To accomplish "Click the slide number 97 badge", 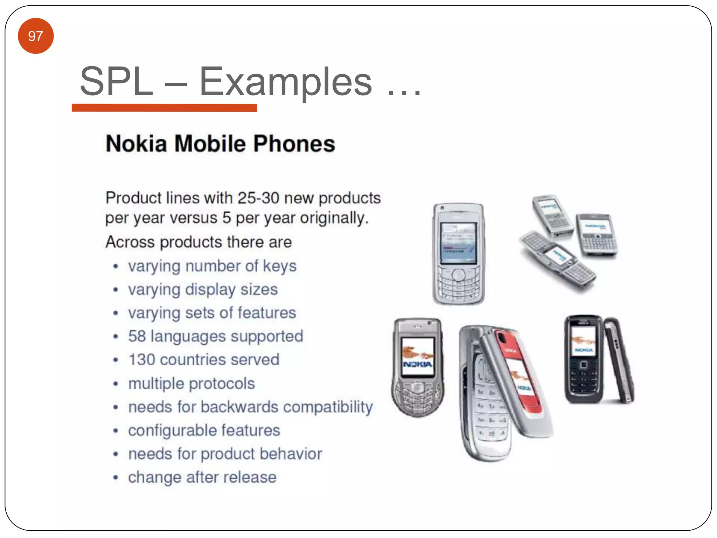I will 36,36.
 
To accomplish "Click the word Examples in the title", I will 285,82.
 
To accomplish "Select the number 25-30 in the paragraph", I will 258,198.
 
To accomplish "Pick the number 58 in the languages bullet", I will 137,336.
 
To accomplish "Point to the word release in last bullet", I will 250,477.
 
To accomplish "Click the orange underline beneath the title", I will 164,108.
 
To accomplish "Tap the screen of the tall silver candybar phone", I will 458,243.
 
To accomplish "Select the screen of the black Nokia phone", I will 583,341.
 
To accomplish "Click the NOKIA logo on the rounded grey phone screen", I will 417,365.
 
